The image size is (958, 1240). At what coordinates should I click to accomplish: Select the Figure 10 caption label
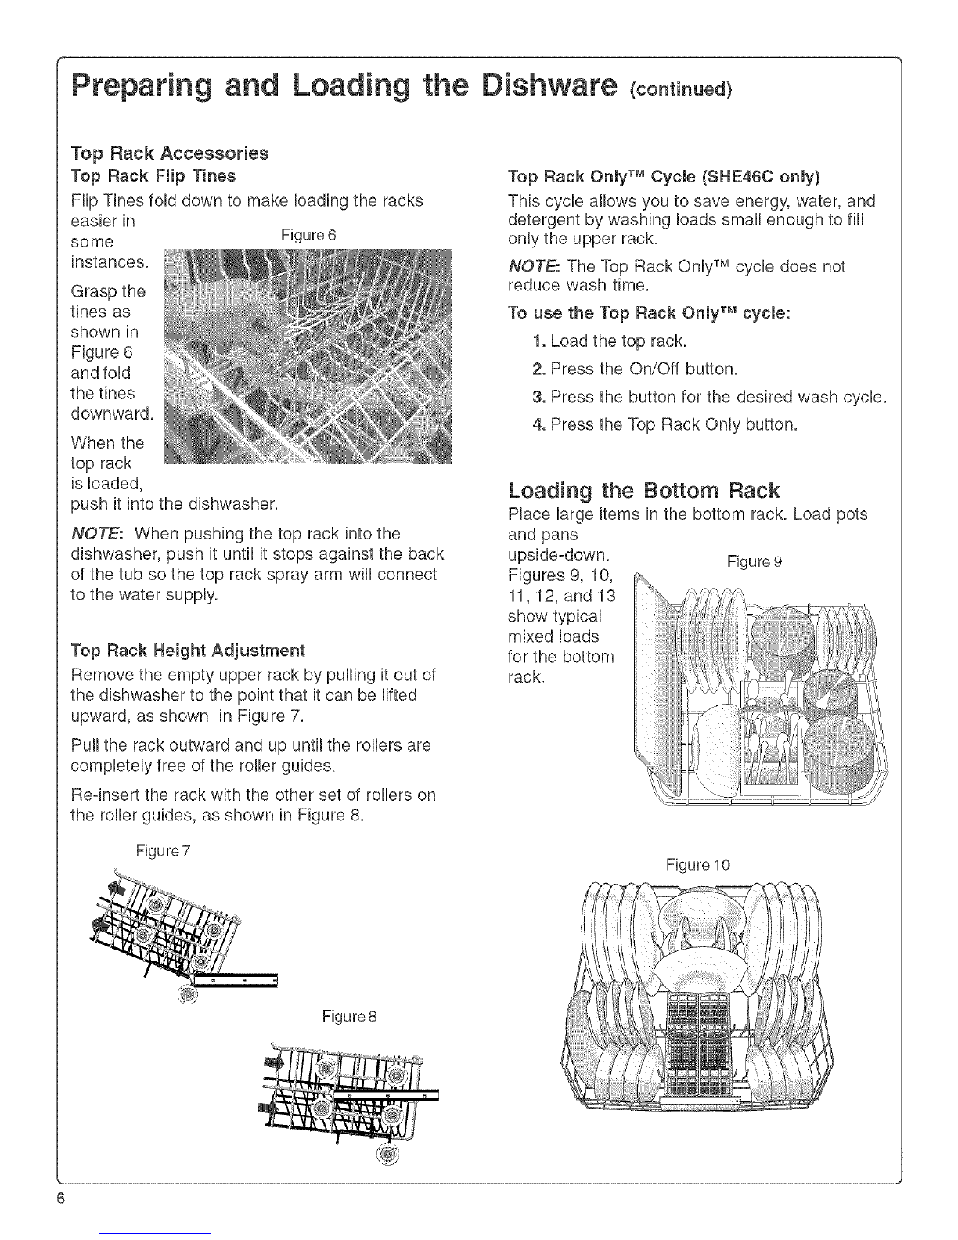click(x=697, y=865)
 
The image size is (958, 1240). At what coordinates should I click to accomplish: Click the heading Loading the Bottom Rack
click(x=643, y=491)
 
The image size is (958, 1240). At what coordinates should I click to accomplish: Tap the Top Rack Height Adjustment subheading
click(x=187, y=651)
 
